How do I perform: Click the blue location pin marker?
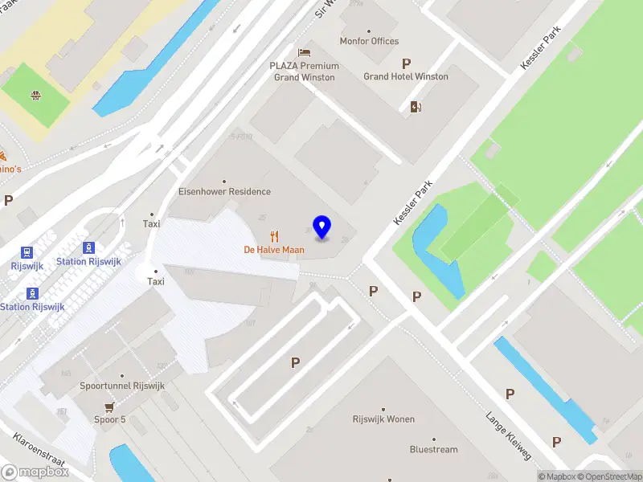[x=322, y=227]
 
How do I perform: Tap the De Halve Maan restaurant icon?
[x=275, y=236]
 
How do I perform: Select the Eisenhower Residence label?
[x=224, y=192]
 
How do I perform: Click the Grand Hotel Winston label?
[x=406, y=76]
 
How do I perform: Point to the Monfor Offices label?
[x=369, y=41]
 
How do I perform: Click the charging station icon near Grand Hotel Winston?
[x=416, y=107]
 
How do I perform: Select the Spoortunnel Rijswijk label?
[x=122, y=386]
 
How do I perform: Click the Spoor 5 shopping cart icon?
[x=109, y=407]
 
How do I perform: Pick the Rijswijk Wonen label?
[x=383, y=419]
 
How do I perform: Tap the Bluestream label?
[x=433, y=450]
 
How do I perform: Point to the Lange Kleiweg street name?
[x=508, y=436]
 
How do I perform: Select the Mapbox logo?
[x=35, y=472]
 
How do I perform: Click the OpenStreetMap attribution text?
[x=608, y=476]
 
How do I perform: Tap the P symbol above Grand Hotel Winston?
[x=406, y=63]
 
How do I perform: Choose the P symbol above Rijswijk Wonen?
[x=295, y=363]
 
